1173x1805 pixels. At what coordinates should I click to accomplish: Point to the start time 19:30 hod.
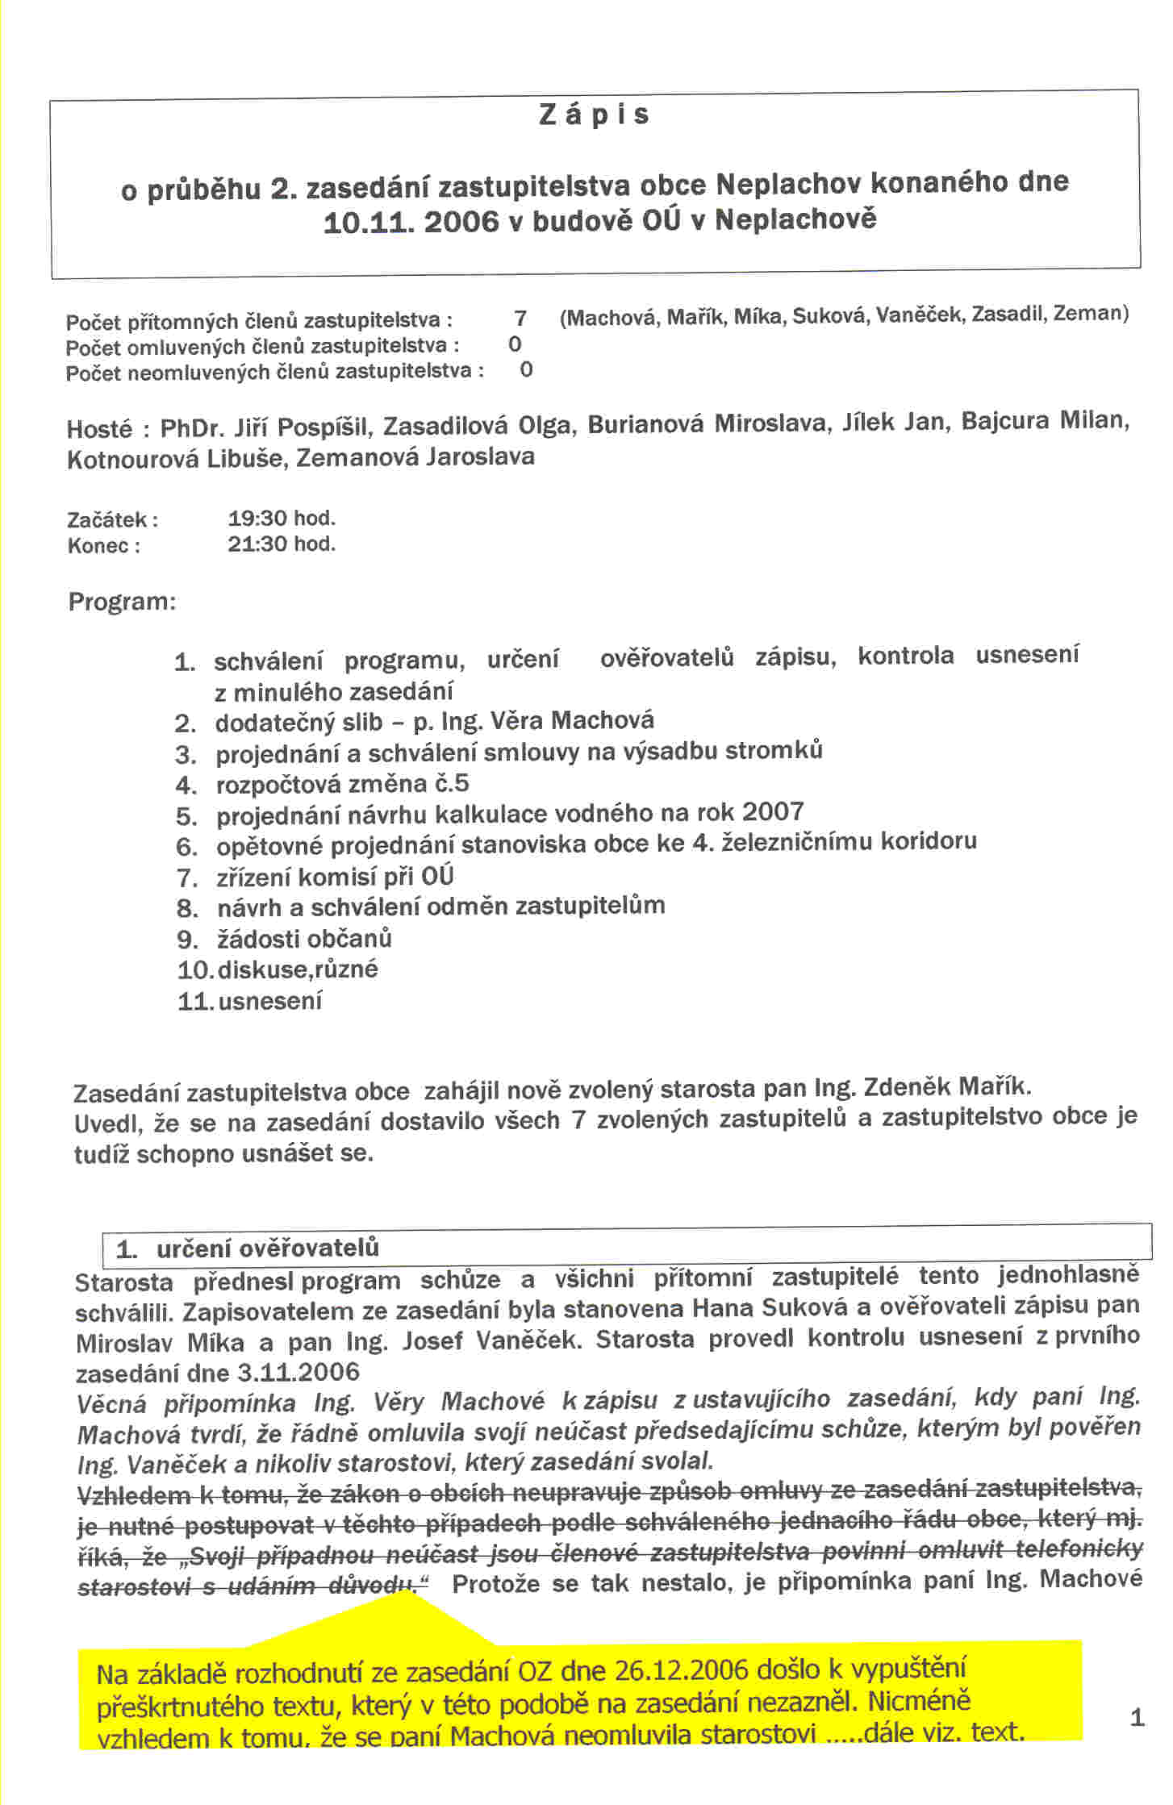[282, 518]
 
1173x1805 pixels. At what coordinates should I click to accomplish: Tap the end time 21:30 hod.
[282, 544]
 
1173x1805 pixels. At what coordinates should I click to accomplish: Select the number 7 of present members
[520, 319]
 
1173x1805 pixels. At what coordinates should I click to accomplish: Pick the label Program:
[122, 602]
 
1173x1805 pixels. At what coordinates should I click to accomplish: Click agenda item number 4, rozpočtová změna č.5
[342, 784]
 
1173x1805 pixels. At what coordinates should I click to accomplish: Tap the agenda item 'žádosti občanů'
[304, 939]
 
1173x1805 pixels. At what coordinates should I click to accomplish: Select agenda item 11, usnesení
[269, 1001]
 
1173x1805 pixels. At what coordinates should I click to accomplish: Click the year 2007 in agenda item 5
[773, 811]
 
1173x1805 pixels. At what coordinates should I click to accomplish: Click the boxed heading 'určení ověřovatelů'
[268, 1249]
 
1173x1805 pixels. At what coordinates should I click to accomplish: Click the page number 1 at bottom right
[1138, 1717]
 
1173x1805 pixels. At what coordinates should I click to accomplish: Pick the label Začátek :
[112, 519]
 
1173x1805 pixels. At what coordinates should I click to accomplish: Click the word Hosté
[99, 428]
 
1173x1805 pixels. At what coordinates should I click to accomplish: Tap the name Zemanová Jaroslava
[415, 457]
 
